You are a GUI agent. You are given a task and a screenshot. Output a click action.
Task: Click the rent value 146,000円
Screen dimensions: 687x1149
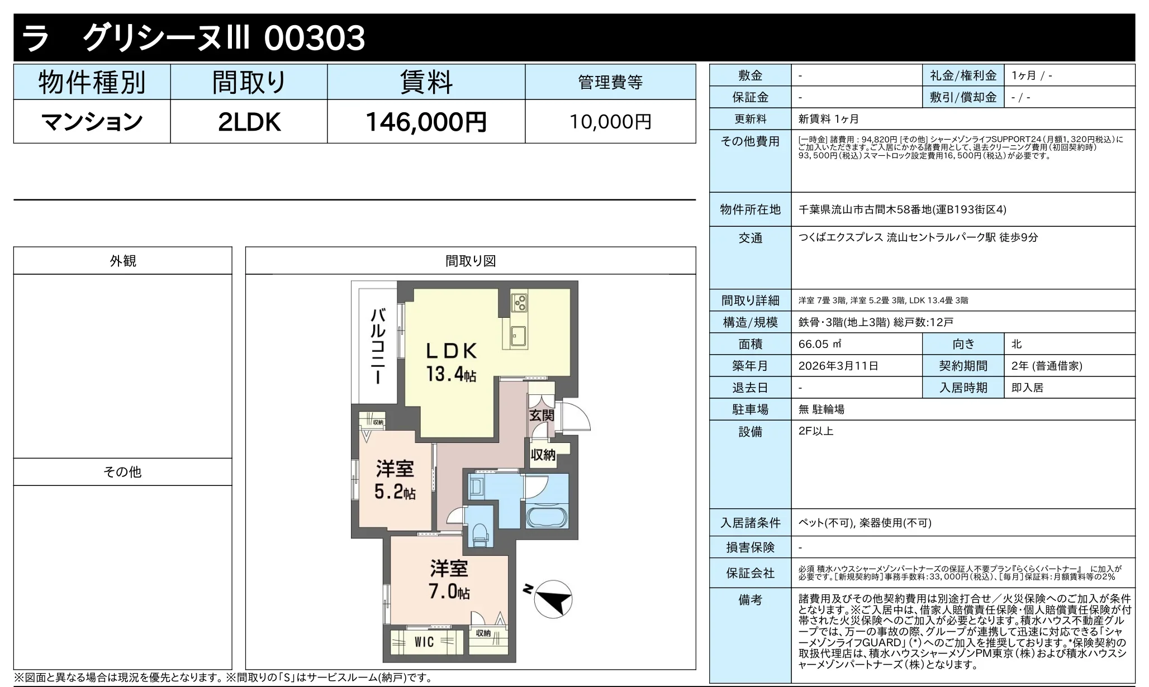point(426,122)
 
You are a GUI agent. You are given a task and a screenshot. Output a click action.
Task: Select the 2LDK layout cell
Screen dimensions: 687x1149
point(249,122)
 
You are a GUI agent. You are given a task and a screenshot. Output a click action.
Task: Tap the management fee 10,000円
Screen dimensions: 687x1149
point(610,122)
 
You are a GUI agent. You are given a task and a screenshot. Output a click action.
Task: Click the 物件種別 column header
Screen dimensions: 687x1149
point(92,83)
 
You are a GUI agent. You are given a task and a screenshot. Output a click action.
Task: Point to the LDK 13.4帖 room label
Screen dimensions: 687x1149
point(451,362)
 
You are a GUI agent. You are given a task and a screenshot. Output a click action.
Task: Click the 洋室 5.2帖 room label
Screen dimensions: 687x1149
point(395,479)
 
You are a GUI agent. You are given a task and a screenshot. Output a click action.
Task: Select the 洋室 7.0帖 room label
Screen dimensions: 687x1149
point(449,580)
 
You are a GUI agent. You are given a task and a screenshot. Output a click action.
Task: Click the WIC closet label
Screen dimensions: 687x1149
point(424,642)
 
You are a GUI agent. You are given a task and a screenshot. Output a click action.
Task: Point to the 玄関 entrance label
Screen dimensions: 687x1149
point(541,415)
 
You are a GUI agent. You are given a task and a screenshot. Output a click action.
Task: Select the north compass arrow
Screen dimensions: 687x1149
point(553,599)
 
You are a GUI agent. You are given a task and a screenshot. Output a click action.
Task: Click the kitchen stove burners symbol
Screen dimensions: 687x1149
point(519,302)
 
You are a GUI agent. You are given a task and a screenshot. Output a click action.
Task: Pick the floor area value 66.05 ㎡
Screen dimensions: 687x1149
point(820,344)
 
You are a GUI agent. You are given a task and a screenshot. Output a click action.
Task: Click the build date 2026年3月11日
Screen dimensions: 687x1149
point(838,366)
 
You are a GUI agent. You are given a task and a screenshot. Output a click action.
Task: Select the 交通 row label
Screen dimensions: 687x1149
point(750,238)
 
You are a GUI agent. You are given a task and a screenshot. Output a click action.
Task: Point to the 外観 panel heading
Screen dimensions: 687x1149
point(122,261)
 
